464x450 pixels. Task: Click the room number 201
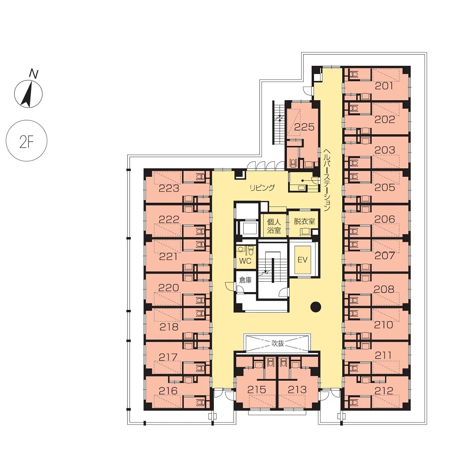(x=384, y=86)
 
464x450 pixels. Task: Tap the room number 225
(x=304, y=127)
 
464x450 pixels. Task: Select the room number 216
(x=168, y=390)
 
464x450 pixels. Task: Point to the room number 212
(x=384, y=390)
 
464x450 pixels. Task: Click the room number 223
(x=169, y=189)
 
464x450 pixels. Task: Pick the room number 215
(x=257, y=390)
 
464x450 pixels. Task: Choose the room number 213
(x=297, y=390)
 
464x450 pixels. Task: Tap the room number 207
(x=385, y=256)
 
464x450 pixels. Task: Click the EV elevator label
(x=303, y=260)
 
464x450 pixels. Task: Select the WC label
(x=245, y=261)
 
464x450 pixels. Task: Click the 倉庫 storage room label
(x=245, y=280)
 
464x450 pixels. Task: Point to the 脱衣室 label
(x=304, y=221)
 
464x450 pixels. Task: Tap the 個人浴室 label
(x=274, y=226)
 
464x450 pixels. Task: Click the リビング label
(x=262, y=188)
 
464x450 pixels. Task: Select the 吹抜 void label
(x=278, y=343)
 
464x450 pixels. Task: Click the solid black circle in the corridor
(x=316, y=306)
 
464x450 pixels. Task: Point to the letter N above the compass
(x=33, y=74)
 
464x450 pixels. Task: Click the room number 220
(x=169, y=288)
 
